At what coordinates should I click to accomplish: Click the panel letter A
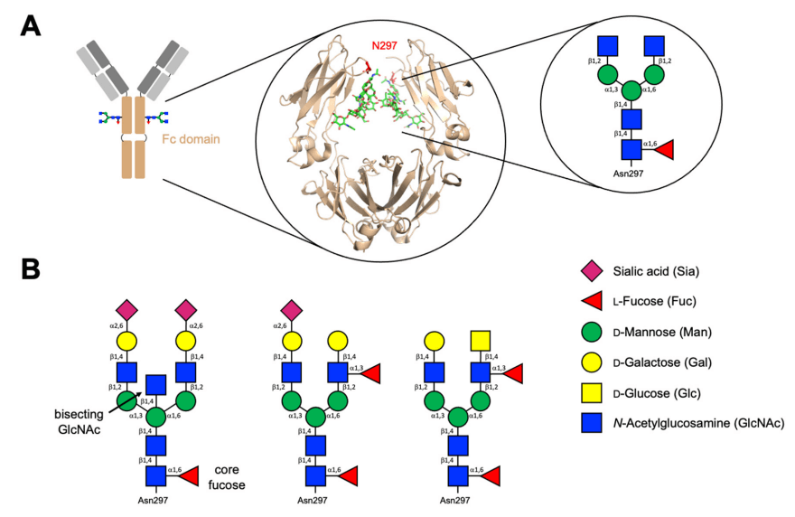30,25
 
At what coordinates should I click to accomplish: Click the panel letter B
30,270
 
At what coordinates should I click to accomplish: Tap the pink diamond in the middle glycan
292,308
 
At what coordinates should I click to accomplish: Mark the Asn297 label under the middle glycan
315,499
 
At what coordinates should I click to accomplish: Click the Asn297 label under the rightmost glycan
456,499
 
